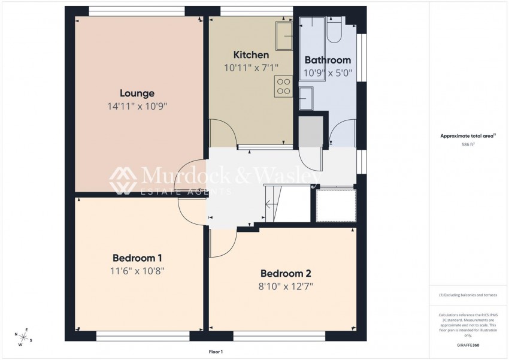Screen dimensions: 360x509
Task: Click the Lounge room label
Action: pyautogui.click(x=137, y=93)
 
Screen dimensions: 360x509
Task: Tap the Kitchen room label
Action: pyautogui.click(x=251, y=55)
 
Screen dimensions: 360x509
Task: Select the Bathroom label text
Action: pyautogui.click(x=328, y=60)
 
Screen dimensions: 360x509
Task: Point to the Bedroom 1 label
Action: pyautogui.click(x=137, y=258)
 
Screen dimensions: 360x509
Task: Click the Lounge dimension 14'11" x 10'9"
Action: pyautogui.click(x=137, y=107)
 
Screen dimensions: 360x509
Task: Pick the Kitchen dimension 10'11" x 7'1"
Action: pyautogui.click(x=251, y=68)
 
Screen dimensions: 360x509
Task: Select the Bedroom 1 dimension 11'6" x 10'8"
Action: pyautogui.click(x=138, y=271)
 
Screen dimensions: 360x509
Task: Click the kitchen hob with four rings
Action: pyautogui.click(x=284, y=86)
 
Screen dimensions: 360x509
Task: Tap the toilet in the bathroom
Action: pyautogui.click(x=334, y=31)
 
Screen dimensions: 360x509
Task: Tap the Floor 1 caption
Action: pyautogui.click(x=215, y=352)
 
